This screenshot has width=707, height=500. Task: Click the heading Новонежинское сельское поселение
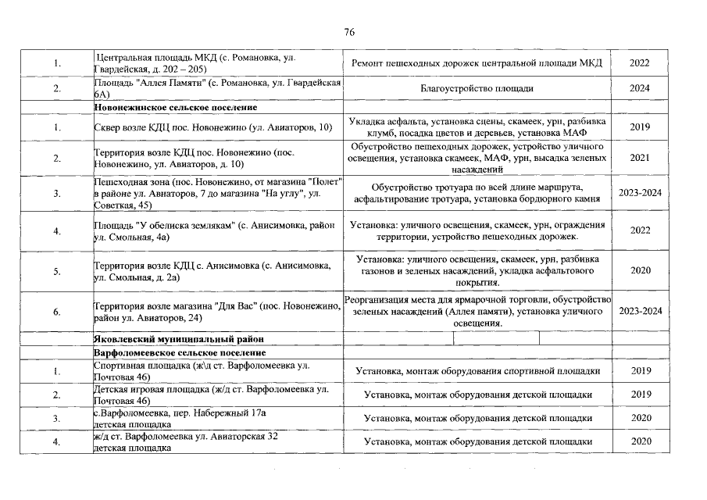[x=175, y=108]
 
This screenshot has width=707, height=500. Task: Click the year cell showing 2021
[x=640, y=159]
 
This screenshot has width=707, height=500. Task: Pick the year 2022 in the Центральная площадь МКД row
[x=640, y=64]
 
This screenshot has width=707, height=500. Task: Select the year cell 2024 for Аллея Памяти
[x=640, y=88]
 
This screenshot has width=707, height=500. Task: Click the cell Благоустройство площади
[x=477, y=88]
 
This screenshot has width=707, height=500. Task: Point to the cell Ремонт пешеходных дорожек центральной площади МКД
[x=477, y=64]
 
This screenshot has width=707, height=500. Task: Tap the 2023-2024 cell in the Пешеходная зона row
[x=640, y=194]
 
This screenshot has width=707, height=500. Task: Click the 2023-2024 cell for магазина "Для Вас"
[x=640, y=311]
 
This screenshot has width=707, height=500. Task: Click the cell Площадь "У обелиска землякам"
[x=216, y=230]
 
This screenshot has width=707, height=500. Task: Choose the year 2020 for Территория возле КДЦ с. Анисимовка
[x=640, y=271]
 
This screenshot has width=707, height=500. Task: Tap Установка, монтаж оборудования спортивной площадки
[x=477, y=371]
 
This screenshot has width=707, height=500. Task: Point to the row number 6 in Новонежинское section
[x=56, y=312]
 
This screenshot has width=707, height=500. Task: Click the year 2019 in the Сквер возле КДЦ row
[x=640, y=127]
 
